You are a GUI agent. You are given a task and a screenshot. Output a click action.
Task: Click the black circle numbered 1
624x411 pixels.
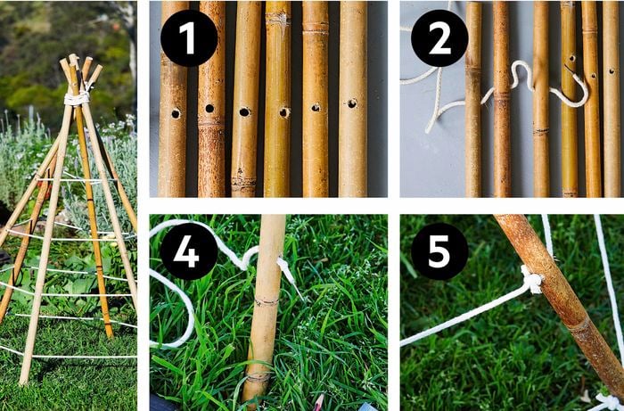(x=189, y=38)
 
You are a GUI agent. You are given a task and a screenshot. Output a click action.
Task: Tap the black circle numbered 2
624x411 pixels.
(x=439, y=38)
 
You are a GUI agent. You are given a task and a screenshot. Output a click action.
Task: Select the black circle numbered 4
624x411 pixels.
(x=189, y=251)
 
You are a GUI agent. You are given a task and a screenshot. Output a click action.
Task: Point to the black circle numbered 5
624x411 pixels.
(x=439, y=251)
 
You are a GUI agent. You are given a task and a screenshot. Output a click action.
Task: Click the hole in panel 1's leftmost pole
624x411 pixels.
(x=176, y=114)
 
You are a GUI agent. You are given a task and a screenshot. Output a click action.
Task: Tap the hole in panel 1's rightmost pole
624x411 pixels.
(x=352, y=103)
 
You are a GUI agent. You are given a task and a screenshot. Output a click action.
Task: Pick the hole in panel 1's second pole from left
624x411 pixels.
(x=209, y=108)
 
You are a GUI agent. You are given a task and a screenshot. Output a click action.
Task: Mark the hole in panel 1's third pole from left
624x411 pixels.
(x=244, y=112)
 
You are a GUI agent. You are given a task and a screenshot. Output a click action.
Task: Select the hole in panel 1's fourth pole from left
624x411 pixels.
(x=284, y=112)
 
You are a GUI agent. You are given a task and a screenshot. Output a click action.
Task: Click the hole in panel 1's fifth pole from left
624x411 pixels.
(x=316, y=107)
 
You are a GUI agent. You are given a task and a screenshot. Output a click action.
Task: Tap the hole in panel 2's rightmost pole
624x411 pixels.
(x=612, y=71)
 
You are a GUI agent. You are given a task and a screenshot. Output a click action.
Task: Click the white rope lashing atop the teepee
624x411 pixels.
(x=78, y=98)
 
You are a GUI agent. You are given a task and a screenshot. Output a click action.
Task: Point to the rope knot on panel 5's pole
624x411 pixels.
(x=531, y=279)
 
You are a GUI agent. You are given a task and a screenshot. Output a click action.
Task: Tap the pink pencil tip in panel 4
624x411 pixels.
(x=317, y=403)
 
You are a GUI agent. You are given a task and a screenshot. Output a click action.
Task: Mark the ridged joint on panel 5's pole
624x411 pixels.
(x=579, y=326)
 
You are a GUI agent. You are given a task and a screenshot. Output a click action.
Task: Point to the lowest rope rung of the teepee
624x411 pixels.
(x=69, y=356)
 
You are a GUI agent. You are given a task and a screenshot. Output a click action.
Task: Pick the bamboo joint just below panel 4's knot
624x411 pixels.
(x=267, y=302)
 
